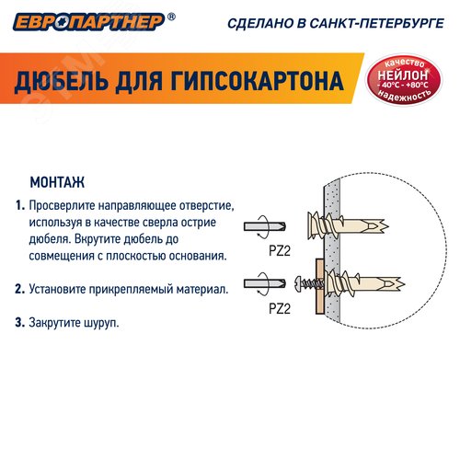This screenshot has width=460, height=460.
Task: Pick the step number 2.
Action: click(x=19, y=289)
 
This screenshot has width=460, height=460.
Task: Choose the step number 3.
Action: click(x=19, y=323)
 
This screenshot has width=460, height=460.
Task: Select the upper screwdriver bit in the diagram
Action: click(x=267, y=227)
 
